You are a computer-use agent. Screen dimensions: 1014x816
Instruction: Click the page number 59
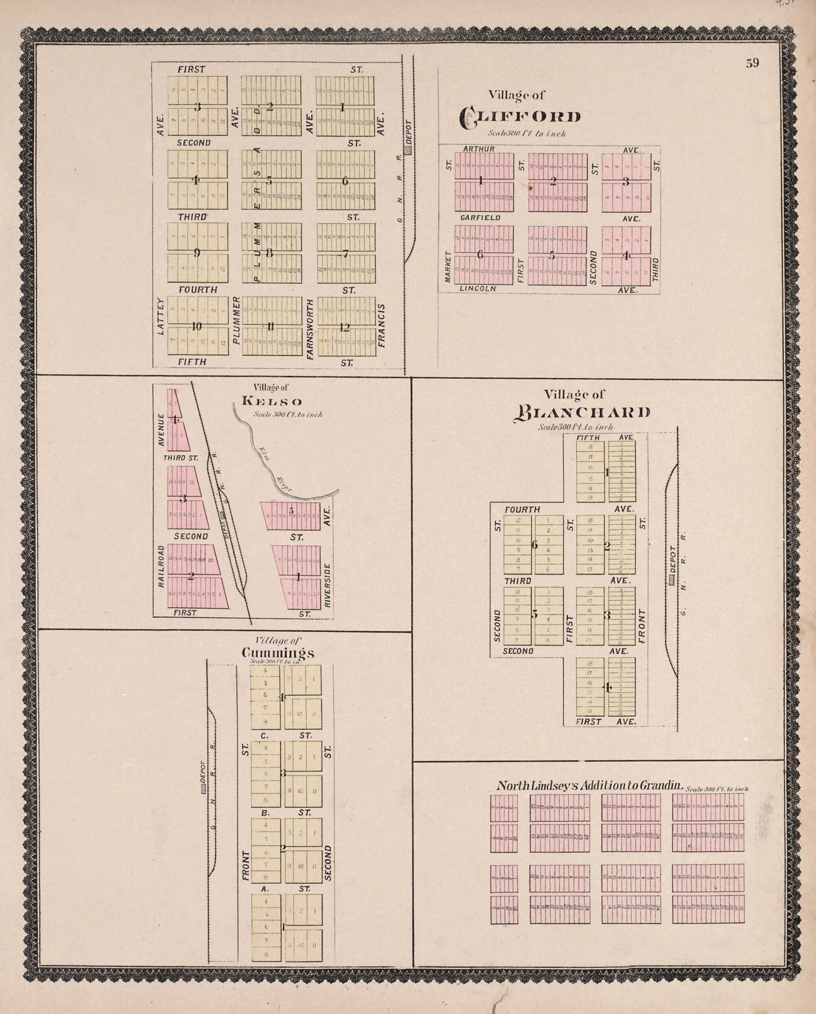pyautogui.click(x=752, y=64)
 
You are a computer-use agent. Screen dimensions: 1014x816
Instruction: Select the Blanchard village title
pyautogui.click(x=583, y=412)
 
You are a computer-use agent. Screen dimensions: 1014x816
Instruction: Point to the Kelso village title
pyautogui.click(x=272, y=402)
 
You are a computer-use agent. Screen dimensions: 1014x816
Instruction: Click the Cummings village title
pyautogui.click(x=278, y=653)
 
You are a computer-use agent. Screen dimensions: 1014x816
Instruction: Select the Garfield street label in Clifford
pyautogui.click(x=480, y=218)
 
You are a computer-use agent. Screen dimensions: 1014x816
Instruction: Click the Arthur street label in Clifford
pyautogui.click(x=478, y=149)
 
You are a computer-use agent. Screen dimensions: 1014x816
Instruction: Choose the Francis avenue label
pyautogui.click(x=382, y=326)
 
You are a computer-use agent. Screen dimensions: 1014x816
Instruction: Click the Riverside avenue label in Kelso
pyautogui.click(x=327, y=585)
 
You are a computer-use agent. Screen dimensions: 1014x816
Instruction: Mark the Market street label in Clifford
pyautogui.click(x=447, y=267)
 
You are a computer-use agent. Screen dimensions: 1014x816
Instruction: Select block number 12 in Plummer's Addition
pyautogui.click(x=345, y=327)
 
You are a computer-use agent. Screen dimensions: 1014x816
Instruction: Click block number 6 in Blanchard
pyautogui.click(x=535, y=545)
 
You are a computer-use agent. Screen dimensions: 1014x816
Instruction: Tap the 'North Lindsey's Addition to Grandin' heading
pyautogui.click(x=590, y=785)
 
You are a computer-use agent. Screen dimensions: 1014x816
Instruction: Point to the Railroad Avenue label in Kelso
pyautogui.click(x=161, y=566)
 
